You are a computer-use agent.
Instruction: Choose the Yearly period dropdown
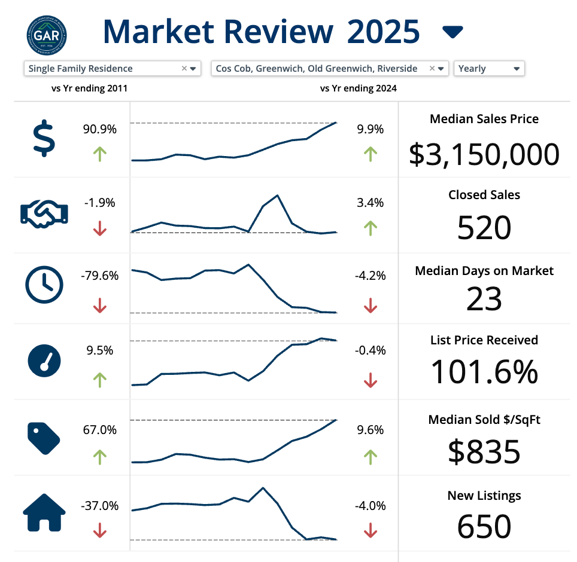[x=489, y=68]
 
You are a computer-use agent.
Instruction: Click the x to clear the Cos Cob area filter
[x=432, y=68]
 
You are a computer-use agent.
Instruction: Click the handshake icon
[x=44, y=213]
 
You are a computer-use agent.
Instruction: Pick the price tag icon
[x=44, y=437]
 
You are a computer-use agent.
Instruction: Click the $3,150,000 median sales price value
[x=484, y=154]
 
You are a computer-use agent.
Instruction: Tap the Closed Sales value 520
[x=484, y=228]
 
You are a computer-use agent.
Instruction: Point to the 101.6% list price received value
[x=484, y=371]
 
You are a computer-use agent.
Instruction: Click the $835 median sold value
[x=484, y=451]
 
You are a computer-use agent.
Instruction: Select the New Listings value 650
[x=484, y=527]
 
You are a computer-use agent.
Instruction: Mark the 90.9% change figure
[x=100, y=129]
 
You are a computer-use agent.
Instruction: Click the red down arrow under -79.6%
[x=100, y=307]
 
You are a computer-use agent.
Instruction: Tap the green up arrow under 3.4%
[x=371, y=228]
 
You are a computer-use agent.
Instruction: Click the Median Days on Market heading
[x=484, y=271]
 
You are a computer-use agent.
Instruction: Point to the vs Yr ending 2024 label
[x=359, y=88]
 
